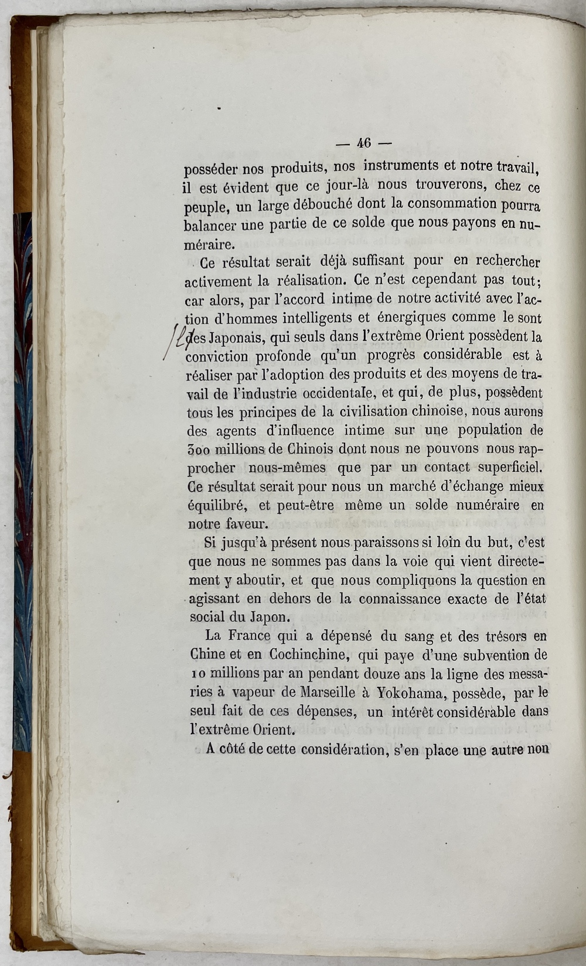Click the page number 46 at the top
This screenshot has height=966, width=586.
(x=364, y=143)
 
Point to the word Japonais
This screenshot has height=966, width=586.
(x=231, y=337)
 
